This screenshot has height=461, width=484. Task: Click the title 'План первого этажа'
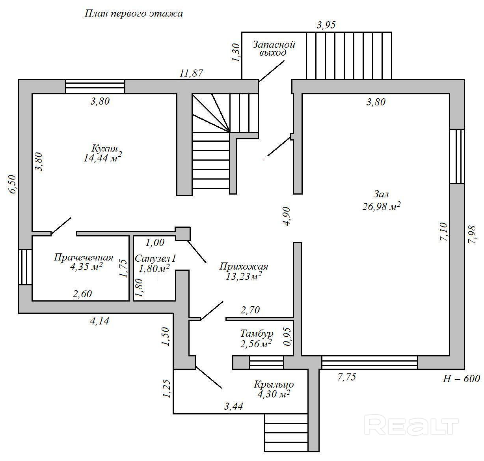pos(134,14)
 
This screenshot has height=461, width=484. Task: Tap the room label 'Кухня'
pos(104,148)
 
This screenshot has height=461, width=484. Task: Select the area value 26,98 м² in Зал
pos(381,206)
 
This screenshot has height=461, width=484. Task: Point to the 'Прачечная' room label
pos(84,257)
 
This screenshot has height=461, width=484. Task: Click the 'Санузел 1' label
pos(155,259)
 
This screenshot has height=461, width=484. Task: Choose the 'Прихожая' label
pos(244,266)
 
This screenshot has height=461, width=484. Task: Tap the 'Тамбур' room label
pos(257,334)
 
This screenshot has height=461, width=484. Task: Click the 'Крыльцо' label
pos(274,384)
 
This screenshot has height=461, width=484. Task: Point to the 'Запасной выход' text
pos(274,49)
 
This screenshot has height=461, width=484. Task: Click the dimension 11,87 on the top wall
pos(191,73)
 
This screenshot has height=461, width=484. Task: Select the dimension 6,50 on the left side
pos(12,184)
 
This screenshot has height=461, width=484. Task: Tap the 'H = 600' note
pos(462,379)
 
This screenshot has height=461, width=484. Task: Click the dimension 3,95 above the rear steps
pos(326,25)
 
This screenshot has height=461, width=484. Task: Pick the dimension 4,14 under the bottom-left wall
pos(99,321)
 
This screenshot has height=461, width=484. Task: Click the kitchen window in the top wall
pos(95,86)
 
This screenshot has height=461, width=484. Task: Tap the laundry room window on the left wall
pos(25,268)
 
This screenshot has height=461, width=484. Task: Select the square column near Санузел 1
pos(182,234)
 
